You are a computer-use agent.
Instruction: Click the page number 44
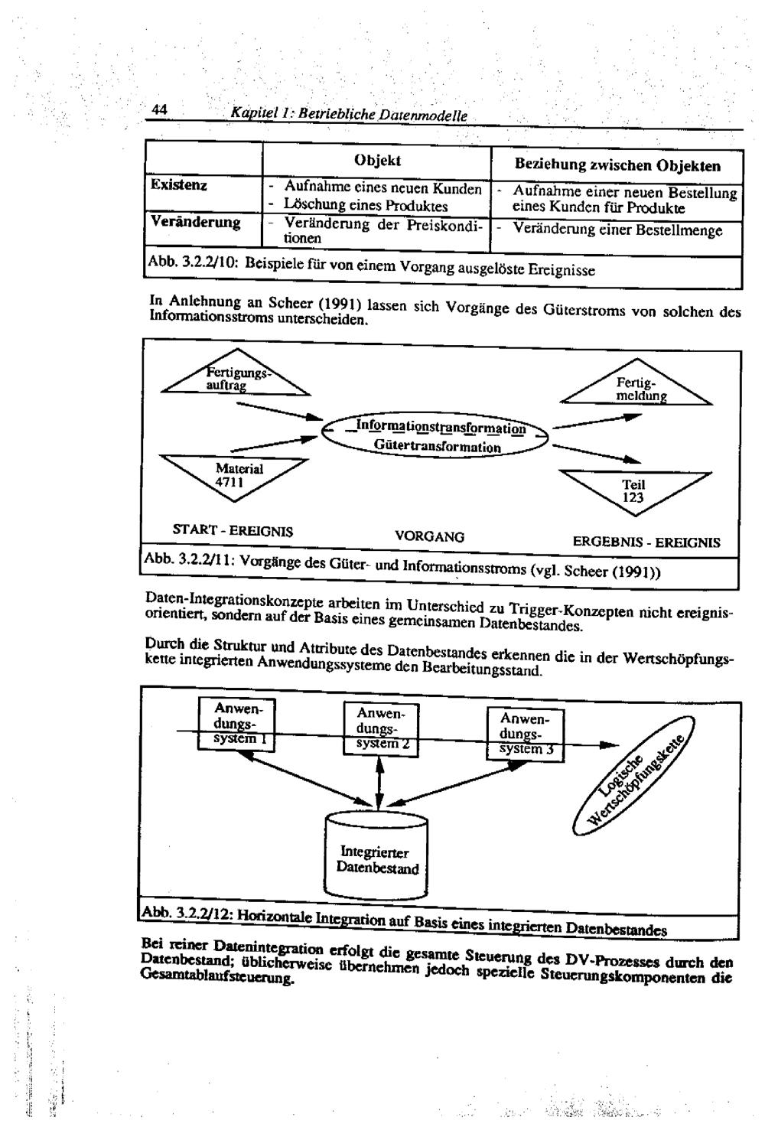(159, 110)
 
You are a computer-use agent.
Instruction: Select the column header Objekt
(377, 160)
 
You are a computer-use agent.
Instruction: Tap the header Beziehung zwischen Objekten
(617, 164)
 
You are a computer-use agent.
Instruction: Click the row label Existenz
(179, 185)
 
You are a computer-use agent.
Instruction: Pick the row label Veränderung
(195, 222)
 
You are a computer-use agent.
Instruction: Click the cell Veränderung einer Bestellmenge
(617, 230)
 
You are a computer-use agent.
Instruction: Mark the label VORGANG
(429, 537)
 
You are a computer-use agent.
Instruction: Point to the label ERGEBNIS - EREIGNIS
(646, 542)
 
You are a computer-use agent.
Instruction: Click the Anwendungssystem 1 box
(236, 724)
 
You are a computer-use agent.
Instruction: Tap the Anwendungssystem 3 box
(525, 733)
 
